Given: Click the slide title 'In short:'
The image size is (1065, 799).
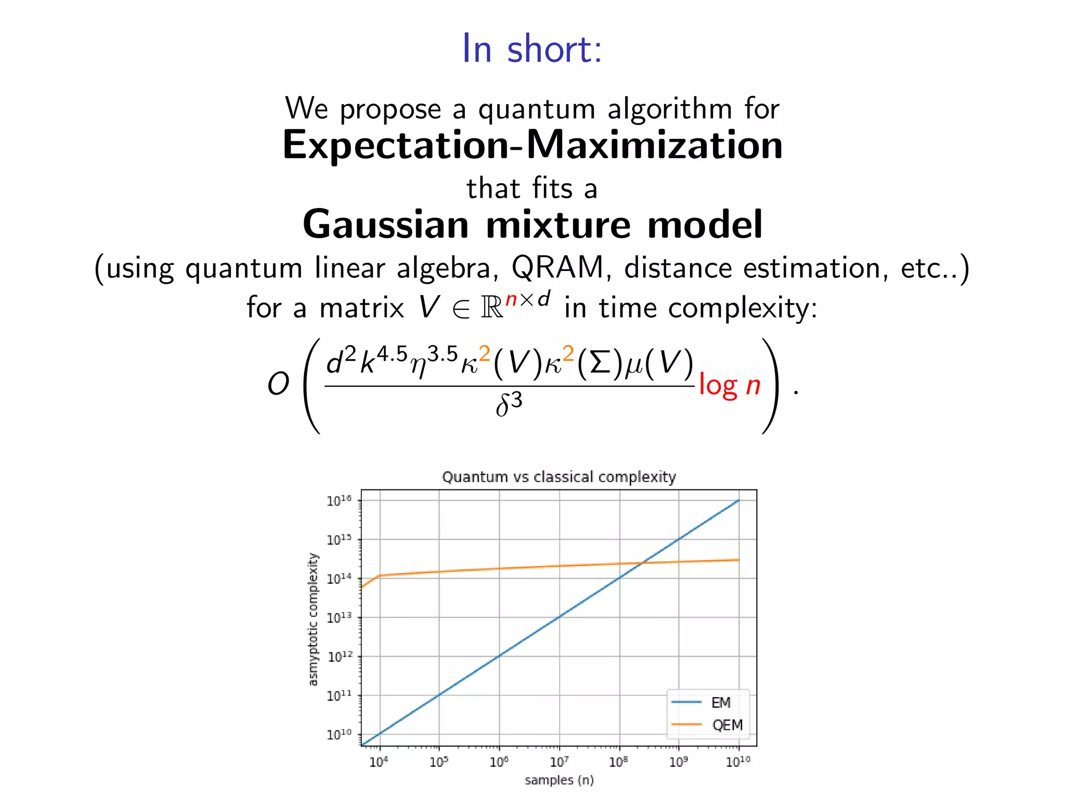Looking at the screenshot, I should [x=532, y=49].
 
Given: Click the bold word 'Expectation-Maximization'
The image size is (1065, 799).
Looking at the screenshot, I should [x=532, y=145].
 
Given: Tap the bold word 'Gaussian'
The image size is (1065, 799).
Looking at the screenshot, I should [x=385, y=225].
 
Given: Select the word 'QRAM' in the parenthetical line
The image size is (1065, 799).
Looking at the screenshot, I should [x=557, y=268].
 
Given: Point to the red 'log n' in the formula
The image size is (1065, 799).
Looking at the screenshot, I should [x=730, y=385].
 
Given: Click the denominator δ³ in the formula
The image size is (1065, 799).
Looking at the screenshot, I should [x=509, y=405].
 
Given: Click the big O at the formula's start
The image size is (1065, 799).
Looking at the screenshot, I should [x=278, y=384].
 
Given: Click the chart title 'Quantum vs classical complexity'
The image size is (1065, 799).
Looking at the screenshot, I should [x=559, y=477].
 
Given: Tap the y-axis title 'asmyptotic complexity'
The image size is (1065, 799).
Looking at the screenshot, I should [x=313, y=619].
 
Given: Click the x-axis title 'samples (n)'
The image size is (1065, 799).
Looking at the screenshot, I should [x=559, y=780].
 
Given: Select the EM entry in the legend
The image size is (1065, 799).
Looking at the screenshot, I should [x=721, y=703].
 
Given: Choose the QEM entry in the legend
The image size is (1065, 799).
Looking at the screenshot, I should [x=727, y=725].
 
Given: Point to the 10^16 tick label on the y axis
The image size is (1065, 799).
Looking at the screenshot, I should [x=339, y=500].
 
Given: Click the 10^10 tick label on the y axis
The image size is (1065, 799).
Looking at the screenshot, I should [x=339, y=734].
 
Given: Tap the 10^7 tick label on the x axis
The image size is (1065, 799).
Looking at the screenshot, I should [x=559, y=762].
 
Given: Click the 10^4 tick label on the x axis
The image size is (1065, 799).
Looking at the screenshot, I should [x=379, y=762].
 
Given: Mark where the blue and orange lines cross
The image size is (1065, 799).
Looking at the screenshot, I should [x=643, y=563].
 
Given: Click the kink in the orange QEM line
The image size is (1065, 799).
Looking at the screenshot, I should [x=380, y=575].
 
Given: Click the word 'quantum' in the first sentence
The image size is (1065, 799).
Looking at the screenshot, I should [x=536, y=109].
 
